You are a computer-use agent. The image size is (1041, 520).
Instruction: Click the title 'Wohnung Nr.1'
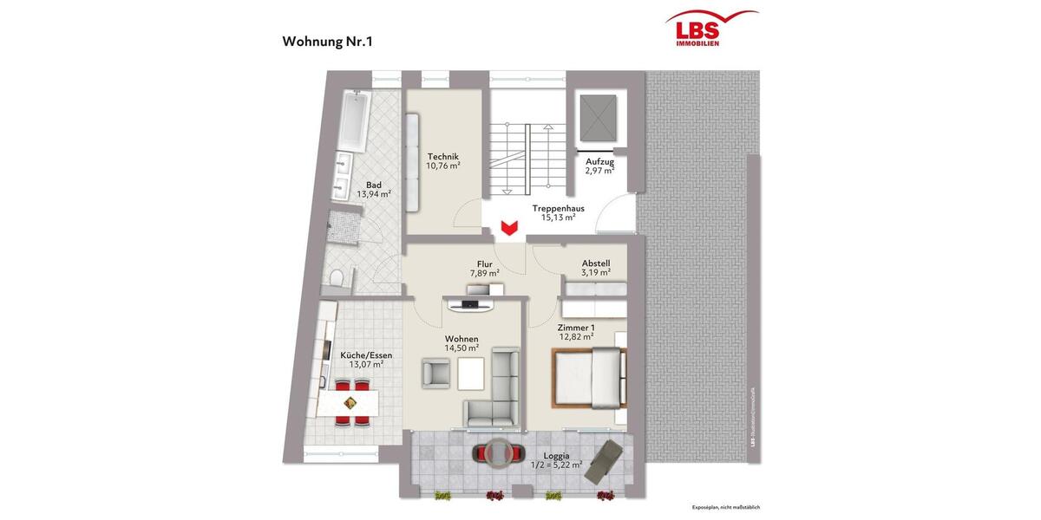[x=328, y=41]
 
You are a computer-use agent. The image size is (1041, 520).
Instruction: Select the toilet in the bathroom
[x=338, y=276]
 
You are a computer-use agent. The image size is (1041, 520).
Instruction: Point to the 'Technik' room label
[x=442, y=156]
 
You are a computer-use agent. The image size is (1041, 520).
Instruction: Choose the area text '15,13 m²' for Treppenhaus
[x=558, y=218]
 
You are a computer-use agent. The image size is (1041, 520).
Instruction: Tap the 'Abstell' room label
[x=596, y=263]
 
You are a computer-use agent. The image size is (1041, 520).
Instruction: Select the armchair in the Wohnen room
[x=436, y=372]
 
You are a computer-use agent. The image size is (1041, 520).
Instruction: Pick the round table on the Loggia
[x=499, y=453]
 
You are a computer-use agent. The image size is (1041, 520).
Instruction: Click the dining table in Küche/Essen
[x=350, y=403]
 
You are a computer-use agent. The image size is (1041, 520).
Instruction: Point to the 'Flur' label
[x=485, y=264]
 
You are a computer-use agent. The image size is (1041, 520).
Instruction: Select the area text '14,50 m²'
[x=462, y=348]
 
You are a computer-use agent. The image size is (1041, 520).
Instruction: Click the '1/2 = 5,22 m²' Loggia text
[x=556, y=465]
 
